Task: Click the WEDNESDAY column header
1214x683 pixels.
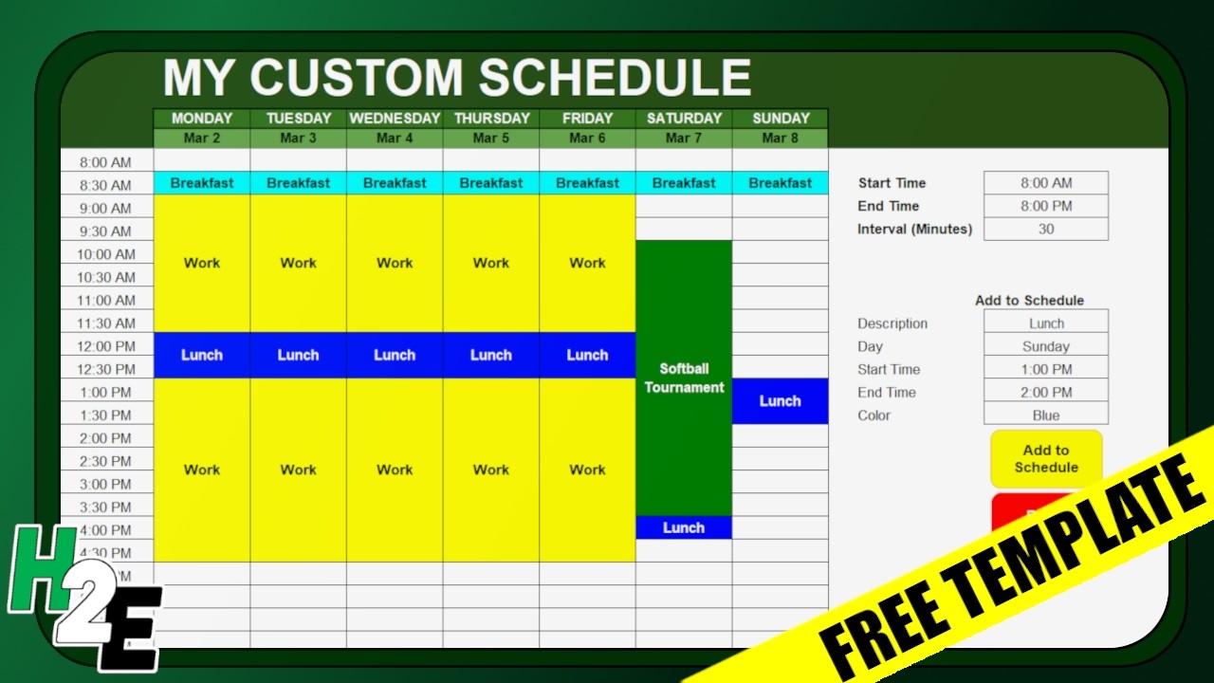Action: (395, 119)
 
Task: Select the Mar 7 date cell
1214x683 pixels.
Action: (684, 138)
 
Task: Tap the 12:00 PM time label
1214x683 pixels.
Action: (106, 346)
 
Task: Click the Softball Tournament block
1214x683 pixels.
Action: (684, 378)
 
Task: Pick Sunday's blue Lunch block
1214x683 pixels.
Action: (780, 401)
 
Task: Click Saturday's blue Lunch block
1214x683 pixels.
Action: (684, 527)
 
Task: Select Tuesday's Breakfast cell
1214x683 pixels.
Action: (298, 183)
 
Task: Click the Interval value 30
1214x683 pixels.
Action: (1045, 229)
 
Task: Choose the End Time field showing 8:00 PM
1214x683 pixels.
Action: (1045, 206)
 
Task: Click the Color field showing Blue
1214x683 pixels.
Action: (1045, 415)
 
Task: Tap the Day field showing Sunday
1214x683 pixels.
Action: (1045, 346)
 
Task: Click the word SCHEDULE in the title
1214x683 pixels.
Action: (614, 78)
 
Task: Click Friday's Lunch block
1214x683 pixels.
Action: (587, 355)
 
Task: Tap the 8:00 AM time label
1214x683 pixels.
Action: (106, 162)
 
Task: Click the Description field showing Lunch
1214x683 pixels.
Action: (1045, 323)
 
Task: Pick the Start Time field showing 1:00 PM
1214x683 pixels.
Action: (1045, 369)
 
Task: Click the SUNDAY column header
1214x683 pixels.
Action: (781, 119)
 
